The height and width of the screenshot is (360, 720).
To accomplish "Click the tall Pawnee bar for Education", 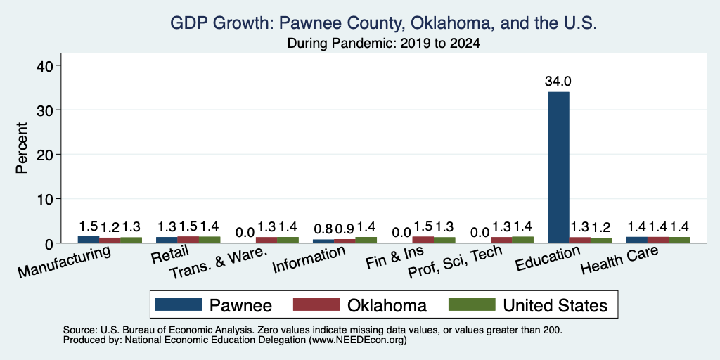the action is click(x=558, y=167).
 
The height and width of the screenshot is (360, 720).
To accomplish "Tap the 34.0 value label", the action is click(x=558, y=82).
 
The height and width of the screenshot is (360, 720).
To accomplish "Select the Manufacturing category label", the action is click(x=64, y=261).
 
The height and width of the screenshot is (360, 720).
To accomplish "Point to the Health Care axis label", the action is click(x=619, y=259).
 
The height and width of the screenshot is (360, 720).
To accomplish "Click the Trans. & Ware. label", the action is click(x=218, y=264).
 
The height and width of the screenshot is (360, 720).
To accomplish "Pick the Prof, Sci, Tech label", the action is click(x=455, y=262).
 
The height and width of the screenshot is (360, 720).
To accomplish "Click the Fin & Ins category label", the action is click(x=395, y=257).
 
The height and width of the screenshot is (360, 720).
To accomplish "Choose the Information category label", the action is click(x=309, y=259).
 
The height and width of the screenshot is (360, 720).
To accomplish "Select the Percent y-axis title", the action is click(x=22, y=148).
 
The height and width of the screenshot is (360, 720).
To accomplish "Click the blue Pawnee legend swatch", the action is click(x=178, y=304).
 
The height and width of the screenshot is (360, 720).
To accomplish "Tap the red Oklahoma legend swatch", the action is click(x=316, y=304).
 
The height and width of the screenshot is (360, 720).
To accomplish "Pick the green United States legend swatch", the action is click(x=472, y=304).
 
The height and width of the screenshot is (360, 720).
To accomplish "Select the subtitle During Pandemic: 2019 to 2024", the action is click(x=383, y=44).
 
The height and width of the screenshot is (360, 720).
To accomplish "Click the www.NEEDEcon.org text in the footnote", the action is click(x=358, y=340).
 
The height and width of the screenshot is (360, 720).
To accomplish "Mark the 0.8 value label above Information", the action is click(x=323, y=229).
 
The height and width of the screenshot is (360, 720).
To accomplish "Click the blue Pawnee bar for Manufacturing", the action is click(x=88, y=239).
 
